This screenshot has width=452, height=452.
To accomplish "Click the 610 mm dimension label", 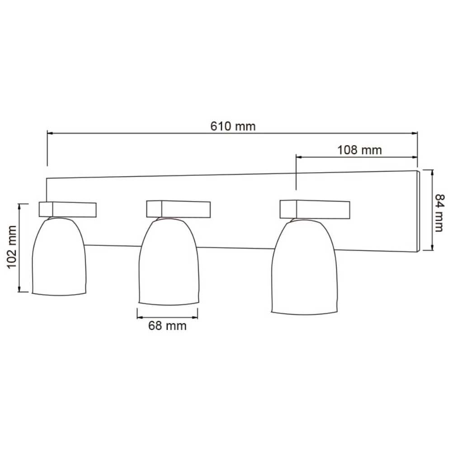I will click(x=233, y=126).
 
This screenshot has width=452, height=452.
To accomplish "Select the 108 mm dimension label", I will click(x=359, y=150).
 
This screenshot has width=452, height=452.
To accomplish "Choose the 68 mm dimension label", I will click(x=167, y=325).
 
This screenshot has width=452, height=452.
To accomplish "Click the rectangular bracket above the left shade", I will click(x=68, y=209).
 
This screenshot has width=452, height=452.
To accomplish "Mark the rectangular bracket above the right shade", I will click(x=315, y=209).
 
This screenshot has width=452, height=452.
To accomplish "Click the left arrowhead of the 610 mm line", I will click(x=50, y=133).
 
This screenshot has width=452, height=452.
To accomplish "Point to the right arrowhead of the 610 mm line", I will click(x=414, y=133).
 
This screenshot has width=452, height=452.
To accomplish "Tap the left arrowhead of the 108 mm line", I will click(x=298, y=157).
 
